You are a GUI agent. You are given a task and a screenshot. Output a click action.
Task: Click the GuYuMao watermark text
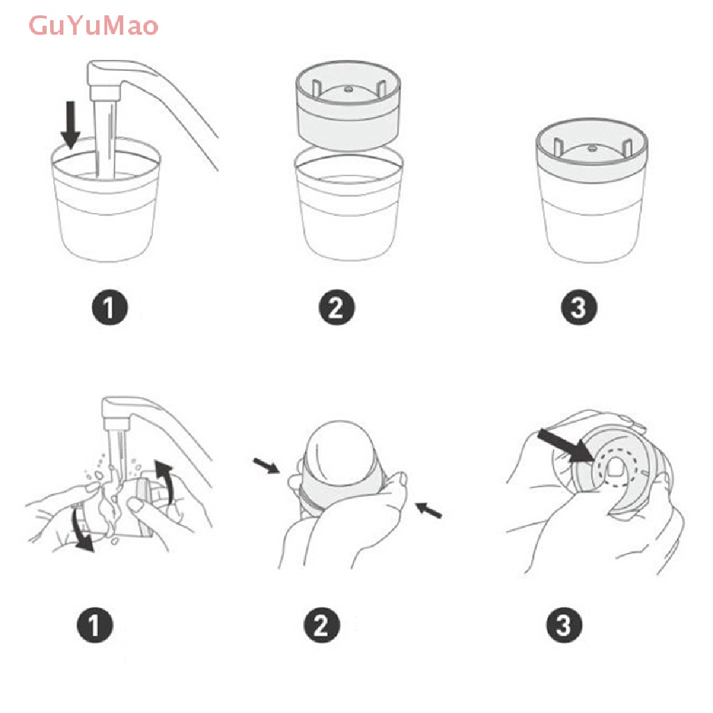[x=93, y=26]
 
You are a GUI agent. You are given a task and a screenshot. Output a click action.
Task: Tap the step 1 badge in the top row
[x=109, y=307]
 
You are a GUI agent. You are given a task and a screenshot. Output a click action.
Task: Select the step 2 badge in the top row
[x=336, y=307]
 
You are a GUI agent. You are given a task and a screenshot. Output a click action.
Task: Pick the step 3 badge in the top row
[x=579, y=307]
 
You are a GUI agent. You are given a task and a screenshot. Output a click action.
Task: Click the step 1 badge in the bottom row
[x=95, y=625]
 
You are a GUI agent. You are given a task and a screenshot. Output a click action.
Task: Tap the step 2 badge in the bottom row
[x=322, y=625]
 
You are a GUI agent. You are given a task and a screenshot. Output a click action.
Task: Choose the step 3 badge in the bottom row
[x=564, y=625]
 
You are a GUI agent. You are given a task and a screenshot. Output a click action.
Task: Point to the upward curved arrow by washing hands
[x=164, y=481]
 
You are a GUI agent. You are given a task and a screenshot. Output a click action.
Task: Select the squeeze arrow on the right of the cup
[x=429, y=510]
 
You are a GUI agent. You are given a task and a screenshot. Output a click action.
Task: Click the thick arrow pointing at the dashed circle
[x=565, y=446]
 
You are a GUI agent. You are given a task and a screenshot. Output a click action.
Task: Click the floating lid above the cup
[x=348, y=106]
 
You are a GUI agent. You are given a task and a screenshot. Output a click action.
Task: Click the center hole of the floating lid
[x=348, y=89]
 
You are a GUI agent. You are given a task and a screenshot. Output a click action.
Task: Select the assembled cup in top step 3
[x=592, y=190]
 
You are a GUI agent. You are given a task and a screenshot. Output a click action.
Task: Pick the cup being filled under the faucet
[x=106, y=200]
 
